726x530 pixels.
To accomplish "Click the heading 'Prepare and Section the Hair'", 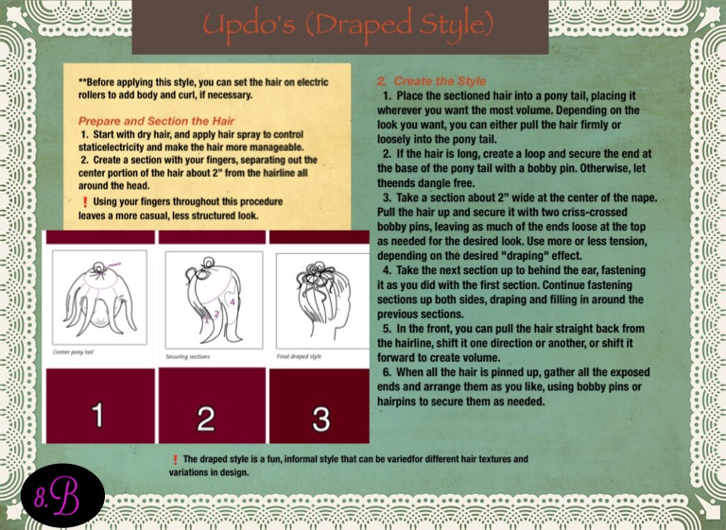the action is (x=157, y=121).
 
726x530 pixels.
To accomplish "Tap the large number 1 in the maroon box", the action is (x=97, y=415).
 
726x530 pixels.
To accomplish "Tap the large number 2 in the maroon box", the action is (x=206, y=419).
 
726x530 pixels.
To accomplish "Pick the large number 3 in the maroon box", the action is (x=320, y=419).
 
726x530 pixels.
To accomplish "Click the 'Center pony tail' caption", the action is (x=73, y=352).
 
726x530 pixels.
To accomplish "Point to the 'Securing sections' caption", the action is (x=188, y=356).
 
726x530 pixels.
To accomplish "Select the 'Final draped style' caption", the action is (x=299, y=356).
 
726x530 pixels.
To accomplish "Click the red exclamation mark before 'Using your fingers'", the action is (x=85, y=202).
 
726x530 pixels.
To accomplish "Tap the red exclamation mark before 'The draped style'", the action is (x=175, y=460).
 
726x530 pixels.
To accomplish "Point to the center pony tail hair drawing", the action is (x=99, y=298).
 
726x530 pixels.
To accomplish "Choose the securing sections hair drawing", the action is (x=214, y=299).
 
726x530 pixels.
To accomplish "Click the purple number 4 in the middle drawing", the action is (x=233, y=301).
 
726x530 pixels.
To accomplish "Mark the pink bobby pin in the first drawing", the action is (x=113, y=265).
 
